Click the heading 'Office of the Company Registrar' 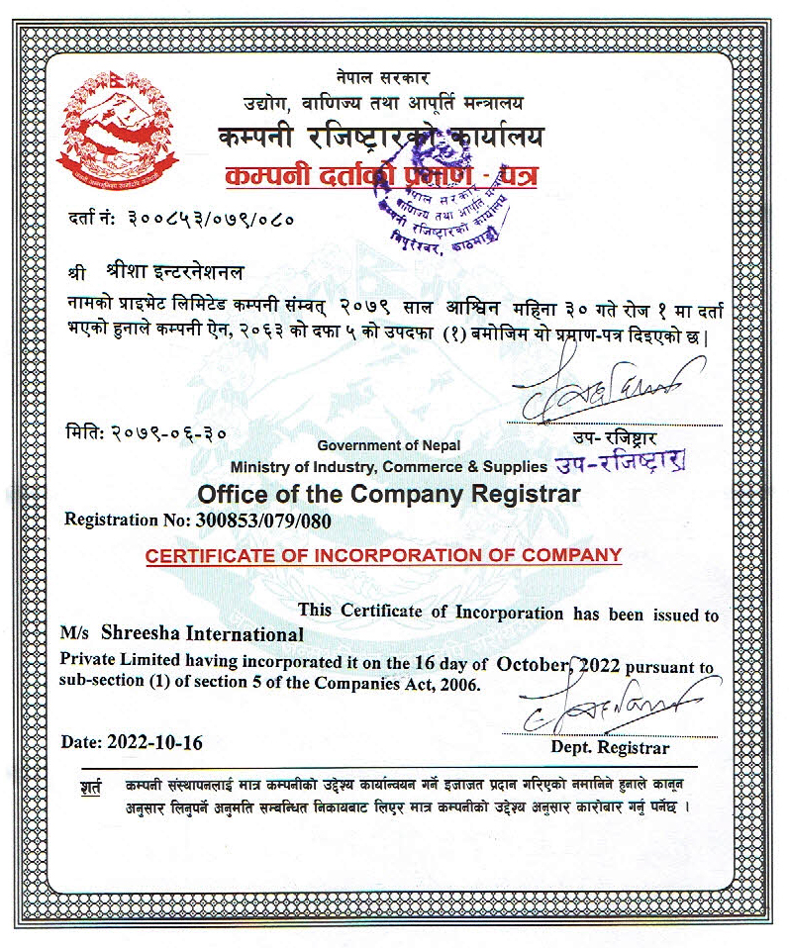pyautogui.click(x=389, y=493)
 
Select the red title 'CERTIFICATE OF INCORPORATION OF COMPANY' pyautogui.click(x=383, y=554)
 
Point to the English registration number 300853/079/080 pyautogui.click(x=259, y=519)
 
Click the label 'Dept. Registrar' pyautogui.click(x=610, y=747)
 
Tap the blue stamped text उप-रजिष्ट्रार pyautogui.click(x=623, y=462)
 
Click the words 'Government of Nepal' pyautogui.click(x=389, y=446)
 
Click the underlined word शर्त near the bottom pyautogui.click(x=91, y=790)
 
